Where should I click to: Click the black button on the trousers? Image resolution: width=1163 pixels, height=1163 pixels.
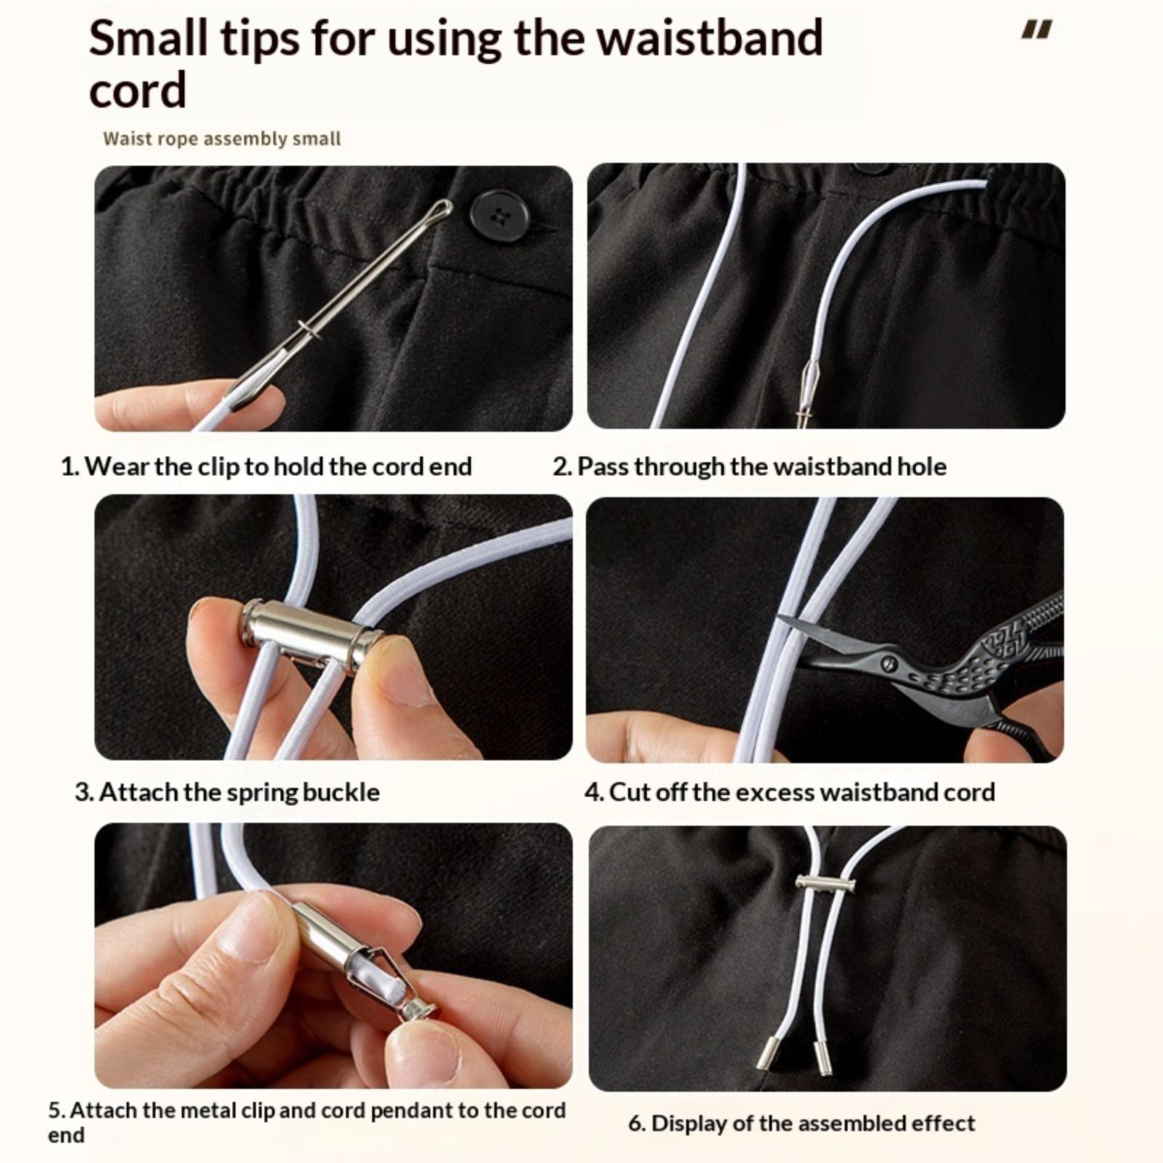498,216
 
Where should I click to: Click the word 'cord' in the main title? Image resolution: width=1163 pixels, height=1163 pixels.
137,90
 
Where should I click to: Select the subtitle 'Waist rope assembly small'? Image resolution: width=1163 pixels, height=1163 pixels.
222,139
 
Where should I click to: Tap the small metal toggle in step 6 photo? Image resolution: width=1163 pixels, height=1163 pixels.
825,884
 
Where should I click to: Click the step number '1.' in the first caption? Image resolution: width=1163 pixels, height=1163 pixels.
70,467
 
